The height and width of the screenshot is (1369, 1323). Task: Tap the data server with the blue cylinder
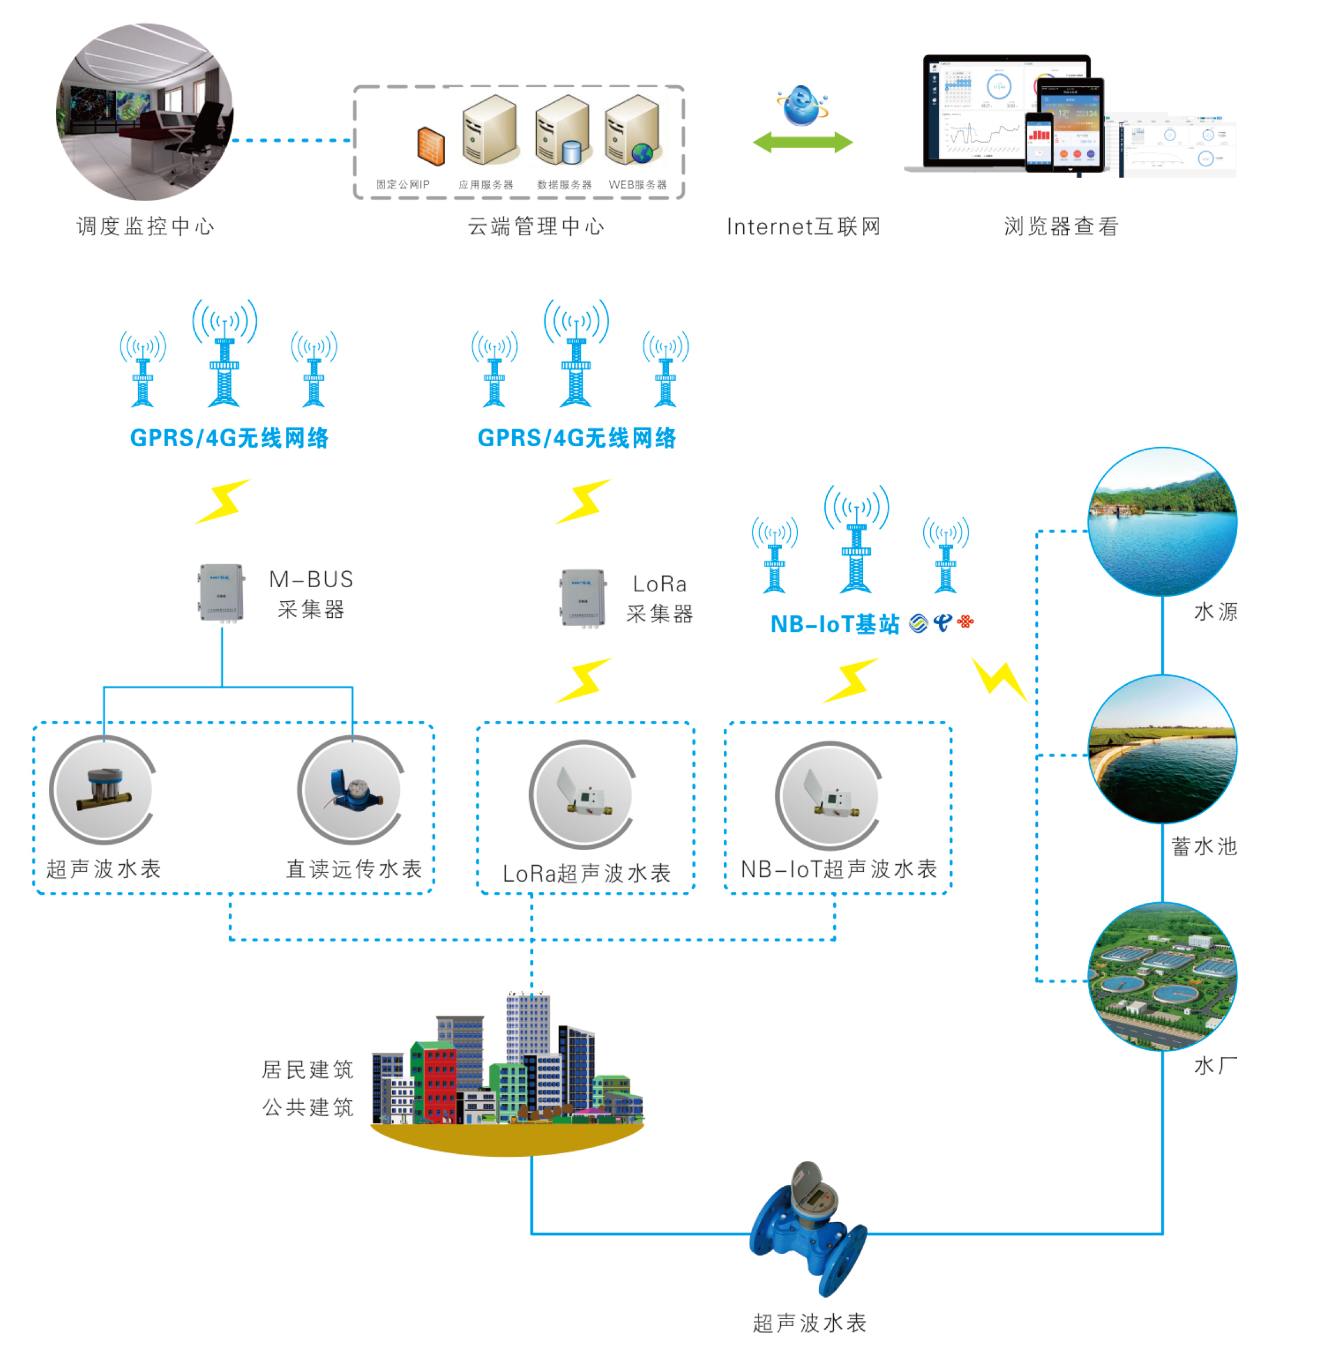tap(562, 130)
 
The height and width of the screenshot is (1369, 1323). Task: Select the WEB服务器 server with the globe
tap(632, 130)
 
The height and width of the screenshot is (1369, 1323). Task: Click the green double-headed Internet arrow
tap(803, 142)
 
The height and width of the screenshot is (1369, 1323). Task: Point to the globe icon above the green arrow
tap(802, 105)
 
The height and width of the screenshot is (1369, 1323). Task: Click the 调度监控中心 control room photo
tap(145, 112)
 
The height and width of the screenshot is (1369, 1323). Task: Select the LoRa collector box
tap(583, 598)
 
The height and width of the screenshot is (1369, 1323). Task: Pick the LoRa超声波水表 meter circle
tap(583, 794)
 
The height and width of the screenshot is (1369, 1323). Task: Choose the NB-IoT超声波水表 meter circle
tap(829, 795)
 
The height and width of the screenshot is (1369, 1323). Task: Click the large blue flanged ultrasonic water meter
tap(808, 1229)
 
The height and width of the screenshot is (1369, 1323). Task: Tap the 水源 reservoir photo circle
tap(1162, 522)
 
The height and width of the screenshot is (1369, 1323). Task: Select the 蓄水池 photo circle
tap(1162, 749)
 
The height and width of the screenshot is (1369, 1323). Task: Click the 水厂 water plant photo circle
tap(1162, 976)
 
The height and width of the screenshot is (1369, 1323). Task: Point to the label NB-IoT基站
tap(835, 624)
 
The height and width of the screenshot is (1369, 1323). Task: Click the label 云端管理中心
tap(536, 226)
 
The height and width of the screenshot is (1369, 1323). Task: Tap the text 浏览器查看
tap(1061, 226)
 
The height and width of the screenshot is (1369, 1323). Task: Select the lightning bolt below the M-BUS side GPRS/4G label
tap(223, 501)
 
